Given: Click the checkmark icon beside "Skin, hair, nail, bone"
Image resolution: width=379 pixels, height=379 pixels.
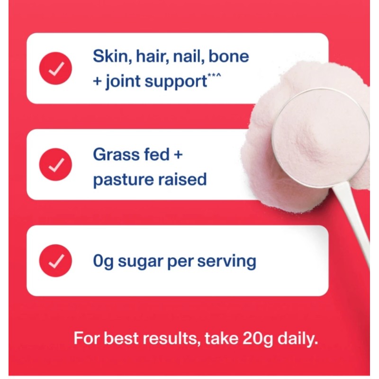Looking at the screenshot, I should point(56,69).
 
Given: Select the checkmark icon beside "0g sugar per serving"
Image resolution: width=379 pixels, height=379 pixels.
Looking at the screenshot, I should point(56,261).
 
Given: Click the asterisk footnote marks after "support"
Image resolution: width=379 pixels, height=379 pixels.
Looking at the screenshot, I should point(214,77).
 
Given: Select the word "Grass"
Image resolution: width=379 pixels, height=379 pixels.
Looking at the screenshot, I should point(113,154).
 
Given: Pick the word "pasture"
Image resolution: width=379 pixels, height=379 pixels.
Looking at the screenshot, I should point(120,180).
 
